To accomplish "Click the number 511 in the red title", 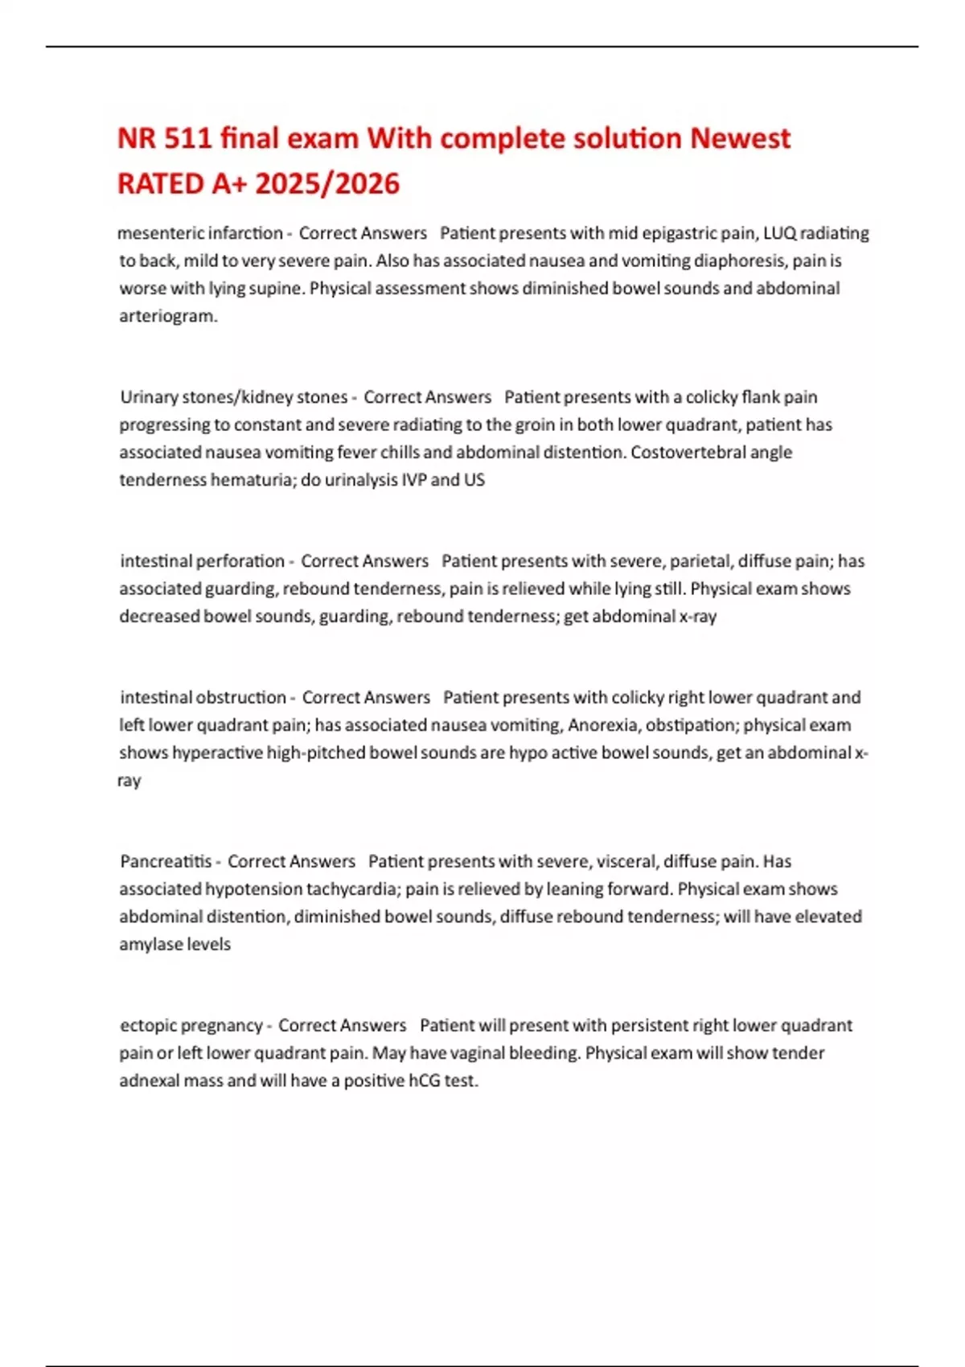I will tap(188, 138).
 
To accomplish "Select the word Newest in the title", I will tap(740, 138).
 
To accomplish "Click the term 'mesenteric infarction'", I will tap(199, 233).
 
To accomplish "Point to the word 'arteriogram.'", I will tap(168, 316).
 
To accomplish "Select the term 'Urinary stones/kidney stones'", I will tap(233, 397).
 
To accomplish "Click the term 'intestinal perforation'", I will tap(202, 561).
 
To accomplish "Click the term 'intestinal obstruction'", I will tap(203, 698).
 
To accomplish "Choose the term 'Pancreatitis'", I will tap(166, 862).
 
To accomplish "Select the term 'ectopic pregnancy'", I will tap(191, 1026).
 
